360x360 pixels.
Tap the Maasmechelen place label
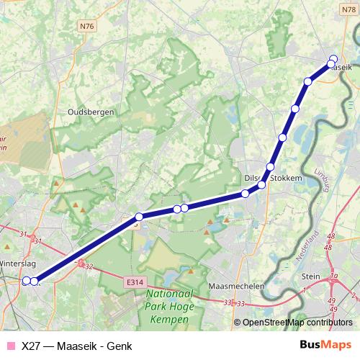(x=235, y=286)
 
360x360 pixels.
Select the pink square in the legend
(x=10, y=346)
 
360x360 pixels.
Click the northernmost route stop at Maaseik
(x=333, y=59)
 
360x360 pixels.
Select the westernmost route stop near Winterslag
(x=26, y=281)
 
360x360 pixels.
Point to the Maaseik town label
(x=341, y=65)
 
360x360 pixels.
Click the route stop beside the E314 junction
(x=139, y=216)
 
